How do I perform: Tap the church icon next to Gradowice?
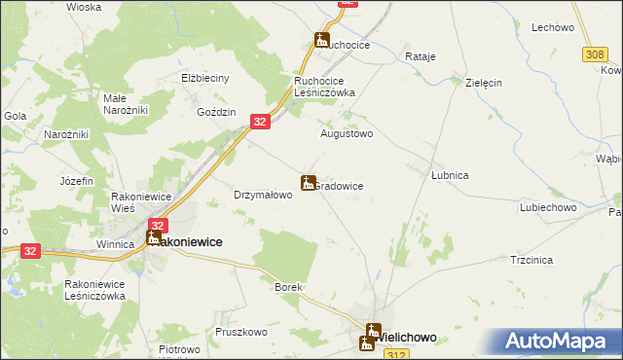click(x=308, y=182)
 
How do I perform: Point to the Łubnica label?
click(x=451, y=175)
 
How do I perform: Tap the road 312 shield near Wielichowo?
click(x=390, y=355)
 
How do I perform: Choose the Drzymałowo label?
click(x=263, y=195)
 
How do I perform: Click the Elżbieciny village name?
click(x=204, y=78)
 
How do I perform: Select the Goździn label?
click(x=216, y=113)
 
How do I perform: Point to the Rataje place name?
click(x=420, y=56)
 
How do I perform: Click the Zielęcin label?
click(x=483, y=83)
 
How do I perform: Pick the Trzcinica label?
click(x=531, y=260)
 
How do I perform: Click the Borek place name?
click(x=289, y=288)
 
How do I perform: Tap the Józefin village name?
click(x=76, y=181)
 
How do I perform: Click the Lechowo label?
click(x=552, y=28)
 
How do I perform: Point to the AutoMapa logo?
click(x=558, y=342)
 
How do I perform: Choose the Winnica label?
click(x=114, y=244)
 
